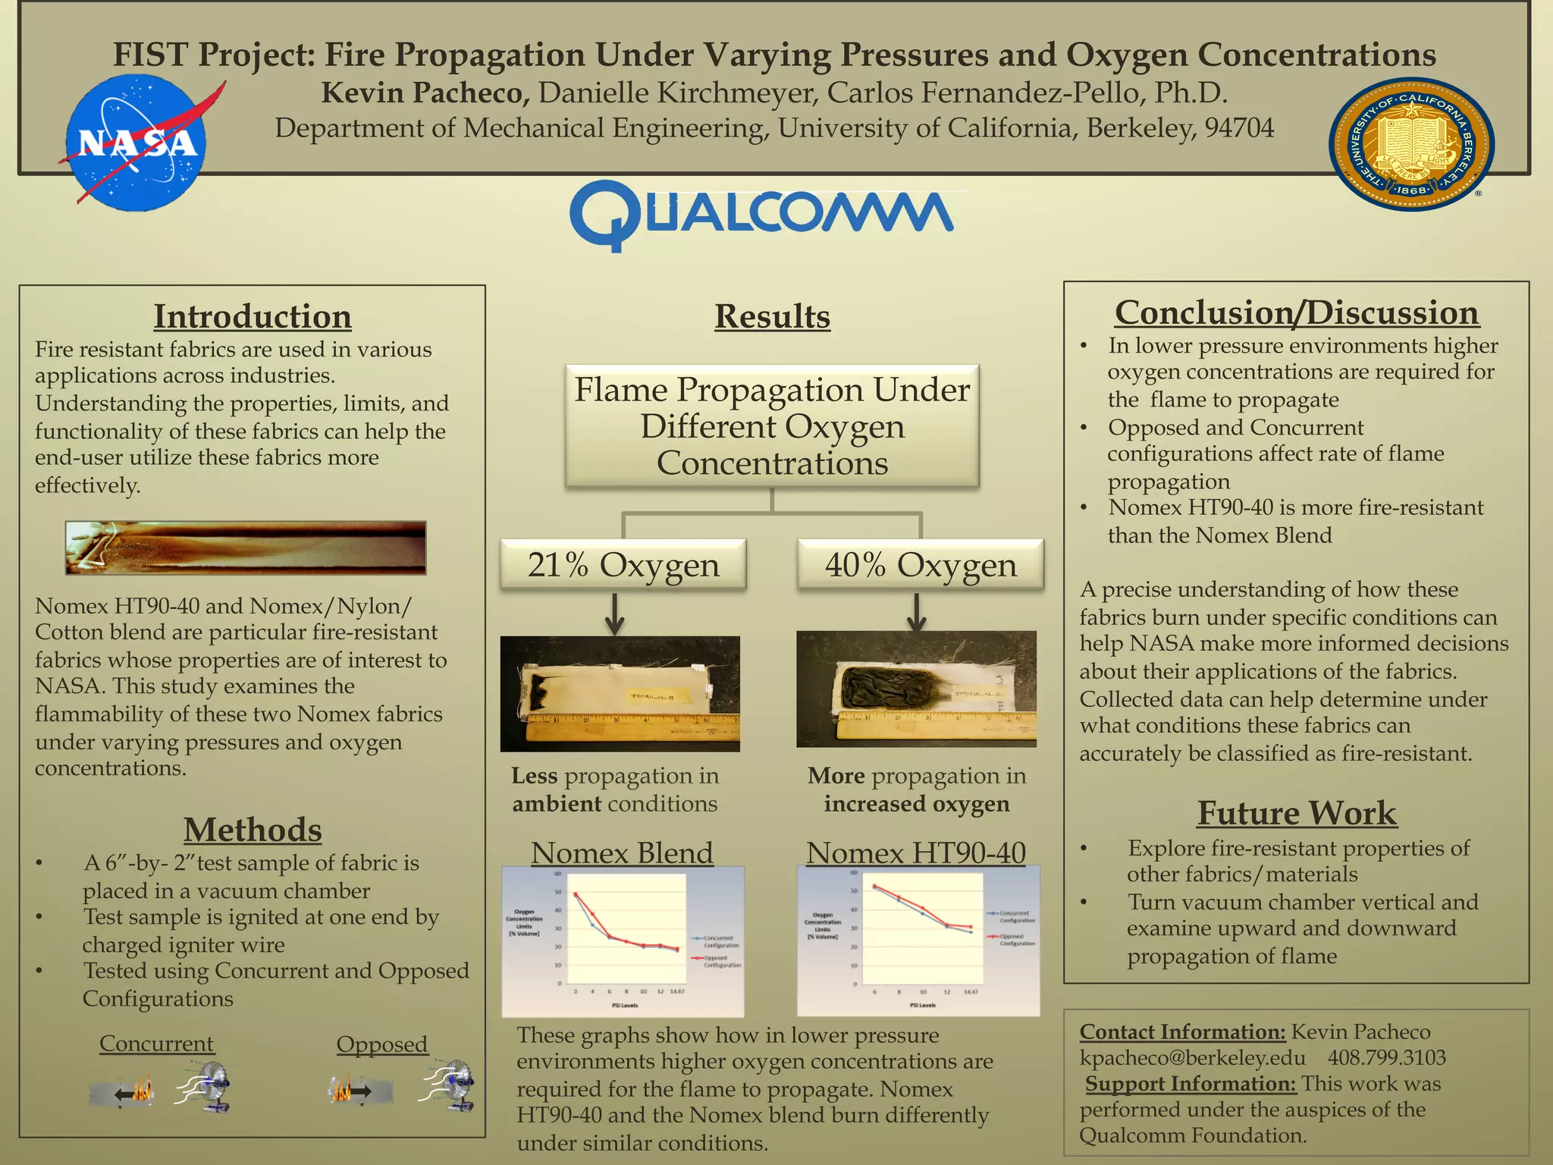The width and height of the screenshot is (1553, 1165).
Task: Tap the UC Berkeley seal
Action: coord(1411,144)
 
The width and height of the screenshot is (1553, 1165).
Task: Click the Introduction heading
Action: coord(253,316)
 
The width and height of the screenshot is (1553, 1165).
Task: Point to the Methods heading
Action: coord(253,830)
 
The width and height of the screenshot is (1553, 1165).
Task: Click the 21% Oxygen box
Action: coord(623,565)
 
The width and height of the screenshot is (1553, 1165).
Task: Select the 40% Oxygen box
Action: coord(921,565)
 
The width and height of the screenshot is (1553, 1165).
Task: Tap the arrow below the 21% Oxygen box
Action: coord(615,613)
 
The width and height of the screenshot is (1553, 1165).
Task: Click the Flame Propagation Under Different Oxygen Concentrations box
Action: coord(772,426)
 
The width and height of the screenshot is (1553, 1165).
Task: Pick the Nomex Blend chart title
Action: coord(622,853)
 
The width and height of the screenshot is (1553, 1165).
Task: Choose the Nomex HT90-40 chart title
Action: coord(916,853)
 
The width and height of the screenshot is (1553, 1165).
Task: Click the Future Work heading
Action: coord(1297,813)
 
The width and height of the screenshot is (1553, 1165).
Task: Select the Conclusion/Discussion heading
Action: coord(1297,312)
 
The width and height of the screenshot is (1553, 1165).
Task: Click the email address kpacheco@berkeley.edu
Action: coord(1192,1057)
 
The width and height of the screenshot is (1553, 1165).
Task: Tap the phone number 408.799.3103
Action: coord(1386,1057)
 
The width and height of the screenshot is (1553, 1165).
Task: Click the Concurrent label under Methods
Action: coord(156,1044)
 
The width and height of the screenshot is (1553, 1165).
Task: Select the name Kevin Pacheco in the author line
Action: coord(425,93)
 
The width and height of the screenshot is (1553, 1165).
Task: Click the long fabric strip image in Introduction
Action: coord(246,547)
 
